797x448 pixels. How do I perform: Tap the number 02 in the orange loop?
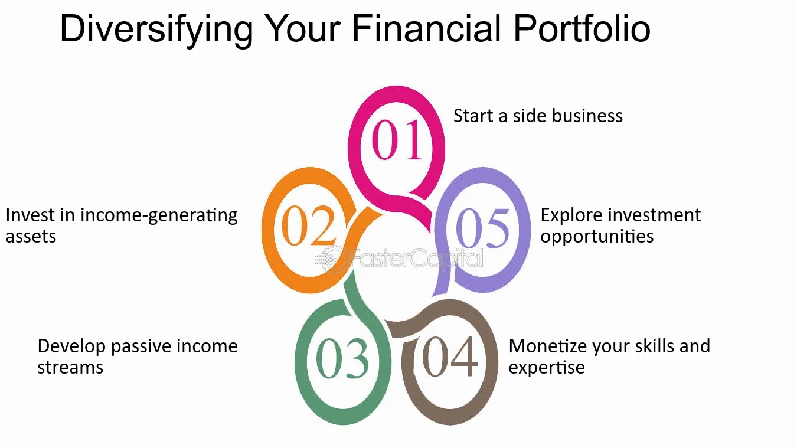309,225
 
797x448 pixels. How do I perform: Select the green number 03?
342,358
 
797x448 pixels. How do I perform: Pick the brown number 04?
450,357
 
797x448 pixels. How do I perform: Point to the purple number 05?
482,228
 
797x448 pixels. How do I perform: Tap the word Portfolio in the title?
582,28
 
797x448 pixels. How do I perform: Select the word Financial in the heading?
427,28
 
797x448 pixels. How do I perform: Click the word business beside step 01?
587,116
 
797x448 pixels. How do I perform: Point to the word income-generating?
159,216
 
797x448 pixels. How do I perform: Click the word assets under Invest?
31,237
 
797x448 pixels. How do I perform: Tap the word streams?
70,368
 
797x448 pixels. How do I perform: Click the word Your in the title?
302,28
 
